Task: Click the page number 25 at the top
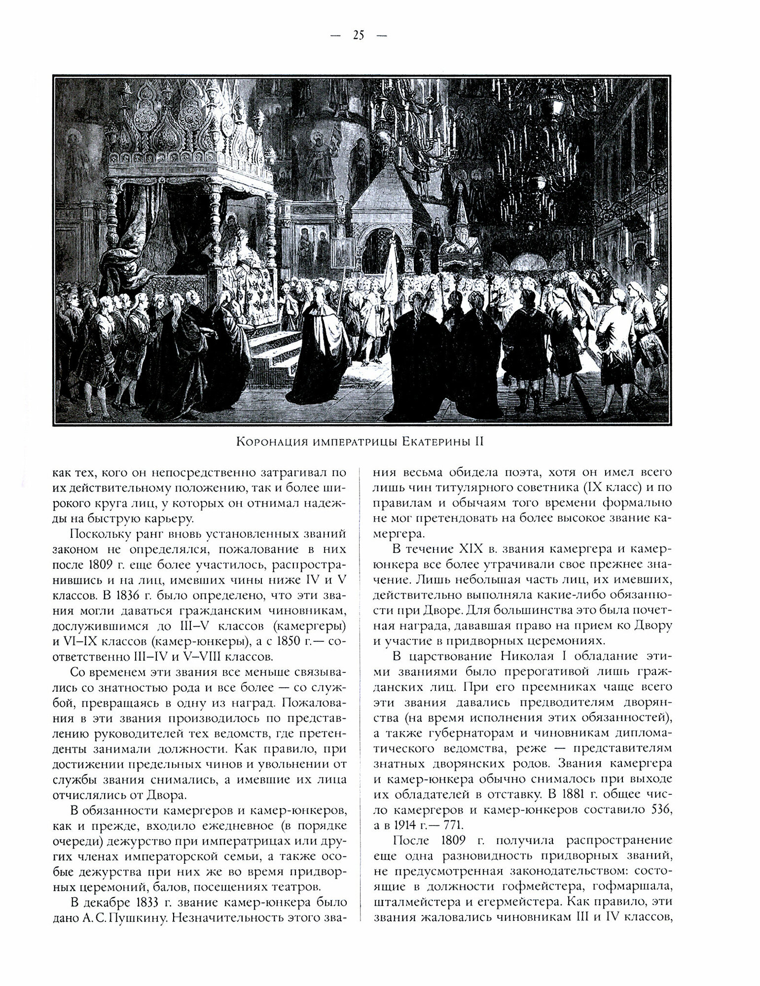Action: [x=359, y=35]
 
